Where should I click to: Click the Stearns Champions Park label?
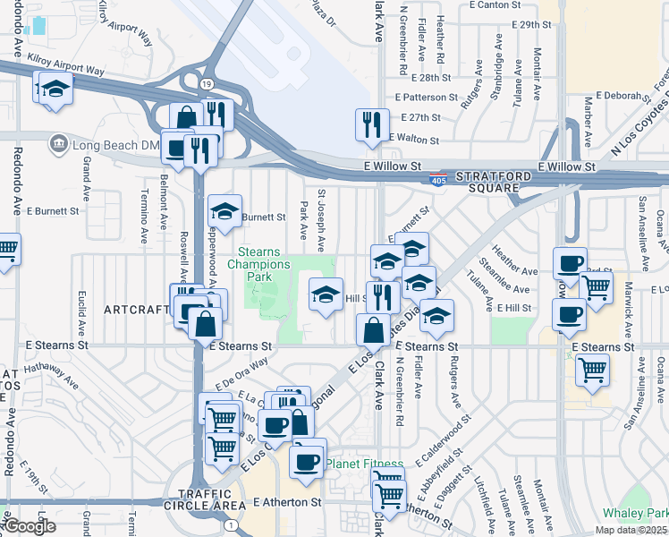258,264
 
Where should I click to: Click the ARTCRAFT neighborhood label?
137,310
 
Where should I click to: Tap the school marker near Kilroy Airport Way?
55,89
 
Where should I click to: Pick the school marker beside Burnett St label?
224,212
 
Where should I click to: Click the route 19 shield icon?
205,83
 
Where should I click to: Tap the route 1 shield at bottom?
232,524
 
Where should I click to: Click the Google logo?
30,526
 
